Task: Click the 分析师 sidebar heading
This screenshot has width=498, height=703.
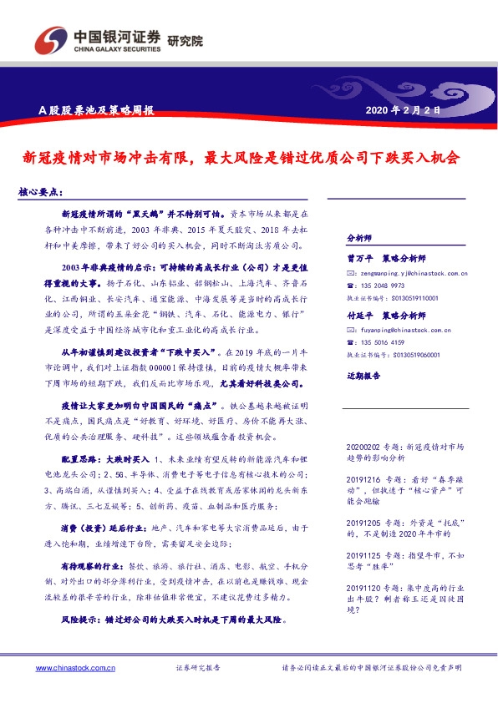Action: [x=358, y=237]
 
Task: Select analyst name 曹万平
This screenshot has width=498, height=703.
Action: [x=360, y=259]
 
